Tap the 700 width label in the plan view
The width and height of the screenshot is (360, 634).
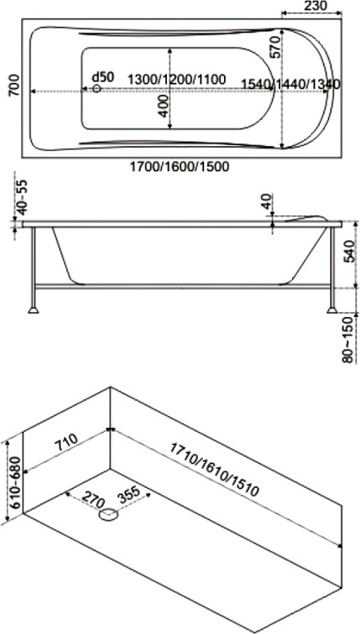(13, 86)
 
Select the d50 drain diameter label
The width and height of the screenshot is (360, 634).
(103, 76)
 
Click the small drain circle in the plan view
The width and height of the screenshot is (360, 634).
(97, 88)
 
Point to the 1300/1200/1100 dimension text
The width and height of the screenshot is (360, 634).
(177, 79)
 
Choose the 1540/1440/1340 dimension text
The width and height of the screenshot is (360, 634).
(290, 84)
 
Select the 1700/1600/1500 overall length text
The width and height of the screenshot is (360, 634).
(180, 166)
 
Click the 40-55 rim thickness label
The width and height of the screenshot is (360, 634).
(23, 197)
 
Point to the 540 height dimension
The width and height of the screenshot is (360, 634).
(350, 250)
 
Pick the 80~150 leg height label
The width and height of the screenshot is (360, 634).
(350, 340)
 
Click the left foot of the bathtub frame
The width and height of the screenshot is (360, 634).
(34, 310)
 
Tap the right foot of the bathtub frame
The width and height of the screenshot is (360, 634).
(332, 310)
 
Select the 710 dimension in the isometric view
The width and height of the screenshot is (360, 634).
(65, 443)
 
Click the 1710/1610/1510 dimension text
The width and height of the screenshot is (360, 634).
(214, 470)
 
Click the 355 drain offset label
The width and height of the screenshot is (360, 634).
(128, 493)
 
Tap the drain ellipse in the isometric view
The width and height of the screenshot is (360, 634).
(109, 515)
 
